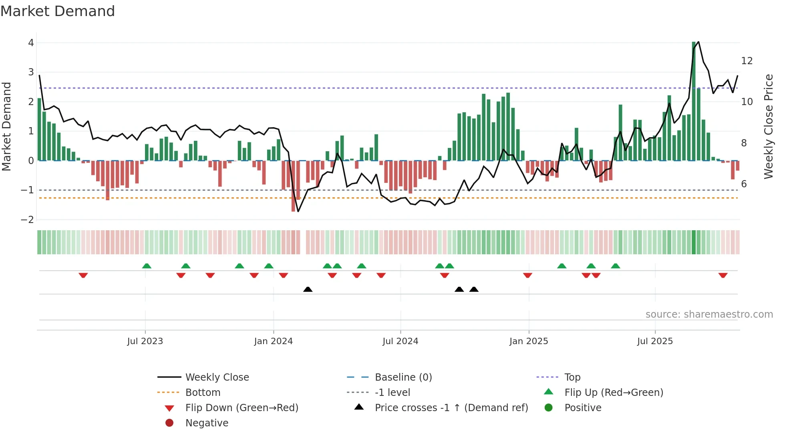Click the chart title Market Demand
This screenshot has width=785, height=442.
tap(58, 11)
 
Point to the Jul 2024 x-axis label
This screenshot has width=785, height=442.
tap(400, 341)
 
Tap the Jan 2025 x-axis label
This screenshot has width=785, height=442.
tap(529, 341)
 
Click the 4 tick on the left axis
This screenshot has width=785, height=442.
tap(31, 43)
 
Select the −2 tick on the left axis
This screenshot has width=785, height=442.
tap(28, 219)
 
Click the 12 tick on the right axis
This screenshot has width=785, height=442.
tap(747, 61)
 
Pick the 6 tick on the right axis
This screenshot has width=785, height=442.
tap(744, 184)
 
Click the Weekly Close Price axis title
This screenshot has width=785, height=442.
tap(768, 126)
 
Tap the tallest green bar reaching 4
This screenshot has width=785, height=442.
tap(694, 100)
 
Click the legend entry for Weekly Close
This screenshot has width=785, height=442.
tap(217, 377)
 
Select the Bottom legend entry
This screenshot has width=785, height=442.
tap(203, 393)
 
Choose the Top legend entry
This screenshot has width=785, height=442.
tap(572, 377)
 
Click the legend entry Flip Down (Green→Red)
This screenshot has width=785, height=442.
tap(242, 408)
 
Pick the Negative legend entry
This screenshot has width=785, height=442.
tap(207, 423)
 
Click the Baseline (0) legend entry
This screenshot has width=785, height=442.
tap(403, 377)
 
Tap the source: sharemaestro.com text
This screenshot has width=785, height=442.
tap(709, 314)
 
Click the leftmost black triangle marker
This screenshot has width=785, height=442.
tap(308, 289)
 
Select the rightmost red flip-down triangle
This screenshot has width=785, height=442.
tap(723, 275)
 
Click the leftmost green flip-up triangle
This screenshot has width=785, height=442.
tap(147, 266)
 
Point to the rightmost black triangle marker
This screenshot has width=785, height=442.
tap(474, 289)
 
